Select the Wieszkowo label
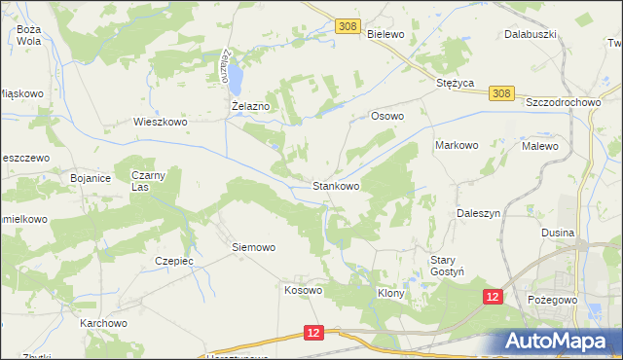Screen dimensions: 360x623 pos(159,123)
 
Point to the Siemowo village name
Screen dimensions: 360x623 pos(253,247)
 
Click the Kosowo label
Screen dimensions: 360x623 pos(303,290)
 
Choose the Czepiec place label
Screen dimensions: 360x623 pos(174,261)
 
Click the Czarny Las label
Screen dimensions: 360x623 pos(151,180)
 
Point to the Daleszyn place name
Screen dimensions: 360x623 pos(478,212)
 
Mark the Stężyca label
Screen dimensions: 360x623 pos(455,84)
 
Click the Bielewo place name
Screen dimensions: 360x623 pos(386,33)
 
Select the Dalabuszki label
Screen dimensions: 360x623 pos(530,33)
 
